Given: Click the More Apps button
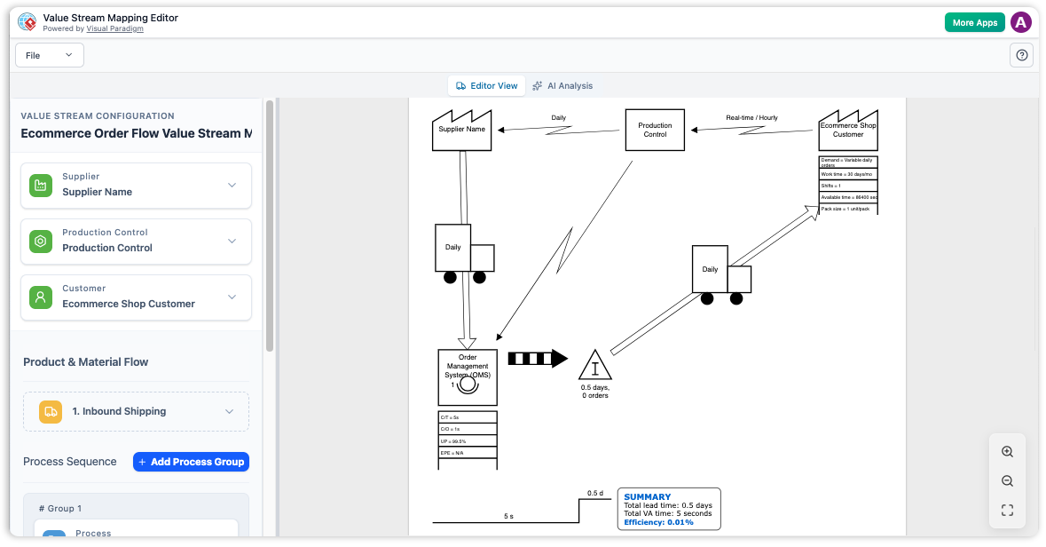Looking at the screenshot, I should pos(974,23).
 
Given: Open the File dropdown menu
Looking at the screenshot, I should pos(50,55).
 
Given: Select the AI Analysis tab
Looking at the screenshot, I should pos(562,86).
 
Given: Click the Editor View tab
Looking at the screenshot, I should pos(486,86).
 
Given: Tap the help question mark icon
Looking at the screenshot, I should pos(1022,55).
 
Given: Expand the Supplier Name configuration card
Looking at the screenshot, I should pos(136,185).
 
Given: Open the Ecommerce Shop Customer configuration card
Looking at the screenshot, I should pos(136,297).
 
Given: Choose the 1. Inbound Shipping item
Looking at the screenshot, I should pos(136,411).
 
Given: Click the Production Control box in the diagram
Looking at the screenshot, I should pos(655,130).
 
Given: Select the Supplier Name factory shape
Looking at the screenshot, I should pos(462,130).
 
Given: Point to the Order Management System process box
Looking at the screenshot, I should pos(468,377).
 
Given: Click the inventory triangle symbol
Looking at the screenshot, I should pos(595,366).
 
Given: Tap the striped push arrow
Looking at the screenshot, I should pos(537,359).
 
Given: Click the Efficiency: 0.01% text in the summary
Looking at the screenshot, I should pos(658,522).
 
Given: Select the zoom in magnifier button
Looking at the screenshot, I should pos(1007,451).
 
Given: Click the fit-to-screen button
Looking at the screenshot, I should pos(1007,510).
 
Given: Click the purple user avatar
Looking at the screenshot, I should pos(1021,23).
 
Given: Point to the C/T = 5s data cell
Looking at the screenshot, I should pos(468,416).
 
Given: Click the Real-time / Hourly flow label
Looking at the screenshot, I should pos(751,117).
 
